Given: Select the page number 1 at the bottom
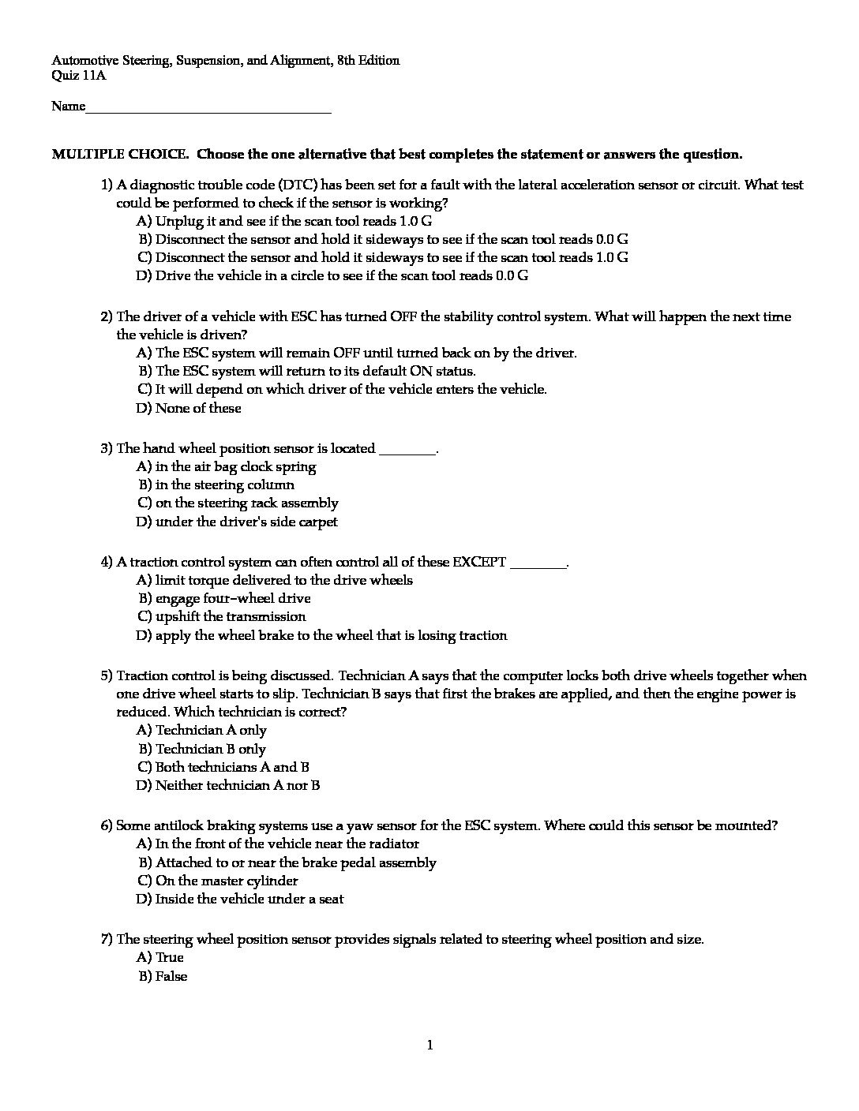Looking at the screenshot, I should coord(429,1046).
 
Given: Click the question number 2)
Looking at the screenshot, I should coord(107,317).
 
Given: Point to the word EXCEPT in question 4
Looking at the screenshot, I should coord(478,563).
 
